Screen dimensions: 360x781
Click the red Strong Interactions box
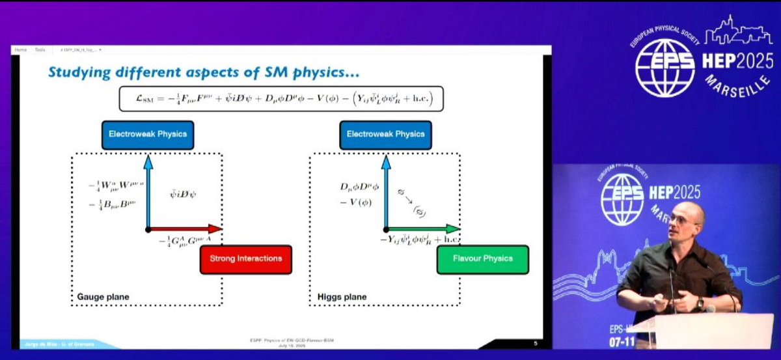click(x=245, y=258)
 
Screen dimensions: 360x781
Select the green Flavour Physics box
click(x=482, y=258)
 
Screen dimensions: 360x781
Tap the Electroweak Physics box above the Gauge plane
click(x=144, y=134)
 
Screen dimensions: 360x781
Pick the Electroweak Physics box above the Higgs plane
click(x=382, y=134)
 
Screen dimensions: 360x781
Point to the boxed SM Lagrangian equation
click(x=281, y=98)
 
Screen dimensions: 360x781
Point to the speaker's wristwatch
click(x=700, y=303)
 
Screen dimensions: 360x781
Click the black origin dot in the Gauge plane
click(x=148, y=229)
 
